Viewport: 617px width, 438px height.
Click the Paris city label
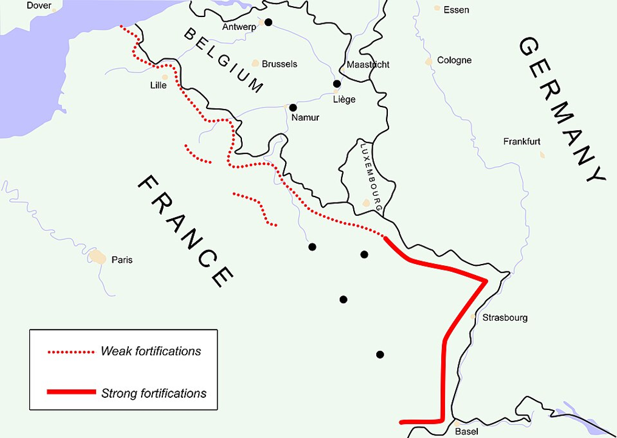tap(122, 260)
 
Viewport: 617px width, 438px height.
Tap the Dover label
tap(39, 5)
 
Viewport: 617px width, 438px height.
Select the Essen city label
tap(456, 10)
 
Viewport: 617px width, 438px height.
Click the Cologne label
tap(454, 60)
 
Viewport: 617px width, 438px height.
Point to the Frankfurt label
tap(522, 142)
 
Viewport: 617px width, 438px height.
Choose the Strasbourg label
tap(505, 318)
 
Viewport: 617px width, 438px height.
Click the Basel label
tap(466, 431)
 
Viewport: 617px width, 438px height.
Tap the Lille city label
tap(158, 85)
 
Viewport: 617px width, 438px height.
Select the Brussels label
tap(279, 64)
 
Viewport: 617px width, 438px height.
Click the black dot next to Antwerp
tap(268, 23)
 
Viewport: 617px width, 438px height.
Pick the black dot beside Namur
tap(293, 108)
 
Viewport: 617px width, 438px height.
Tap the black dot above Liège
tap(337, 84)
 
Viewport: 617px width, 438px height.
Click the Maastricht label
tap(368, 64)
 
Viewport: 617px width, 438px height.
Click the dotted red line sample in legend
tap(71, 352)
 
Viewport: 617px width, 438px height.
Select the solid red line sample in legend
tap(71, 392)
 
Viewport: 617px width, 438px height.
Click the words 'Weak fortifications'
tap(151, 351)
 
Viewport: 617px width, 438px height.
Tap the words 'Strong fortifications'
tap(153, 393)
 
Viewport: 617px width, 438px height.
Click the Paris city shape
tap(97, 257)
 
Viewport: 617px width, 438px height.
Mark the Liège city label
tap(344, 99)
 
